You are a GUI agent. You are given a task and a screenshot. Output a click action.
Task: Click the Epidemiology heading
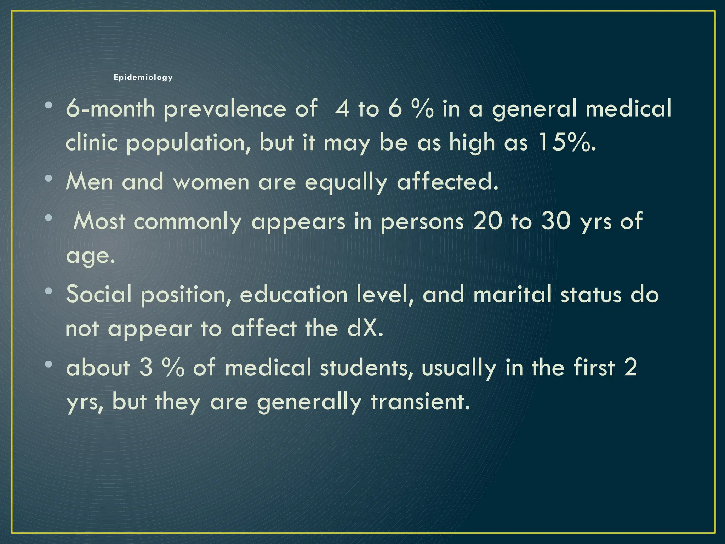coord(143,77)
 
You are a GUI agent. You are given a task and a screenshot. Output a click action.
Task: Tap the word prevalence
coord(224,109)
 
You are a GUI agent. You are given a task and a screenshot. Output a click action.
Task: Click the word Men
coord(89,182)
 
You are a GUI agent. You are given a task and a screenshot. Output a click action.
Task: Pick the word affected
coord(447,182)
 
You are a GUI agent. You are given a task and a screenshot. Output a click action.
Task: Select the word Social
coord(99,294)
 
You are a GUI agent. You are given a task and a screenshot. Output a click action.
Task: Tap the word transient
coord(420,402)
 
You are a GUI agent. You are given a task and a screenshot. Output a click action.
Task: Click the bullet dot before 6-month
coord(49,105)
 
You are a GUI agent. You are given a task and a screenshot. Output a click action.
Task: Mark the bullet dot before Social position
coord(49,291)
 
